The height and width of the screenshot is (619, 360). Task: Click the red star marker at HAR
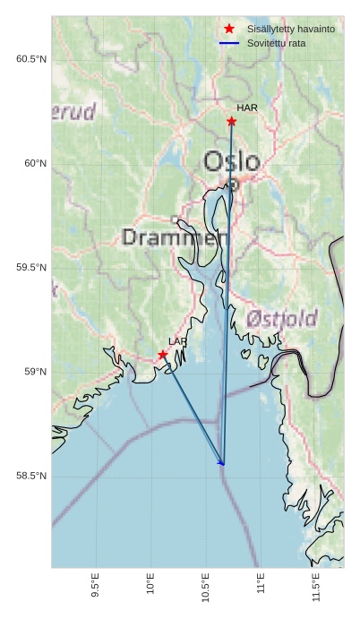(231, 121)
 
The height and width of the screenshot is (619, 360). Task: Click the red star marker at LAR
(163, 355)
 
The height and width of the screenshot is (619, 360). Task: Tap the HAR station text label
(247, 107)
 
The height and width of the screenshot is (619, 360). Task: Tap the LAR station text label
(178, 341)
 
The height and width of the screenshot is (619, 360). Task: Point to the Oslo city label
(232, 162)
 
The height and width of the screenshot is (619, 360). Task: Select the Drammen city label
(169, 238)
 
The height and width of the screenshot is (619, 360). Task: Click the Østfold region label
(281, 319)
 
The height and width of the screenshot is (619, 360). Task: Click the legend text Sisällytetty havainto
(291, 30)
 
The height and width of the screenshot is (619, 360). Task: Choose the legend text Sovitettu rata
(276, 43)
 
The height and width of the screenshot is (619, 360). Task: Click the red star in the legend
(229, 30)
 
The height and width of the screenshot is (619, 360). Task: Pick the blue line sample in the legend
(229, 43)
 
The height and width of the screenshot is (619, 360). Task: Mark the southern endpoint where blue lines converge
(223, 464)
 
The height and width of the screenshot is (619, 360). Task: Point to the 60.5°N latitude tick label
(30, 59)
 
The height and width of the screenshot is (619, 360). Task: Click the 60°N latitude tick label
(35, 163)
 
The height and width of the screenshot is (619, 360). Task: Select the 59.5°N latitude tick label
(30, 268)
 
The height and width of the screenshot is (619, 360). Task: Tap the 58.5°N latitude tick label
(30, 476)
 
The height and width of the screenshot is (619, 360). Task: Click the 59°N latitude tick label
(35, 372)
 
